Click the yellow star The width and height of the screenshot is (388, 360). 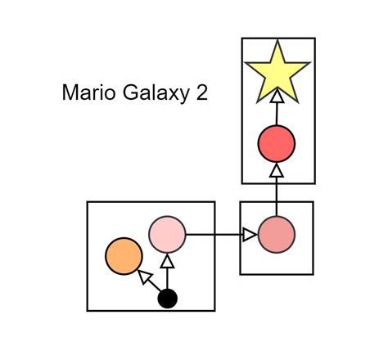point(277,72)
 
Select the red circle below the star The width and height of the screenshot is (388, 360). point(277,144)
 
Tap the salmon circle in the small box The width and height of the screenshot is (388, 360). point(277,236)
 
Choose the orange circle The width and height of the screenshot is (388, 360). point(124,256)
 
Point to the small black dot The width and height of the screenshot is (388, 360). point(167,299)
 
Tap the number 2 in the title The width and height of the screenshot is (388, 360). point(201,93)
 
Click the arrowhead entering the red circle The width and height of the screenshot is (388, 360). point(277,170)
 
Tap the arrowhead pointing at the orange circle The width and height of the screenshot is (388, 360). point(145,277)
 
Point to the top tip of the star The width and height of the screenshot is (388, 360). point(277,42)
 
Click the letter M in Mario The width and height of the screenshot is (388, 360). point(69,93)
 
